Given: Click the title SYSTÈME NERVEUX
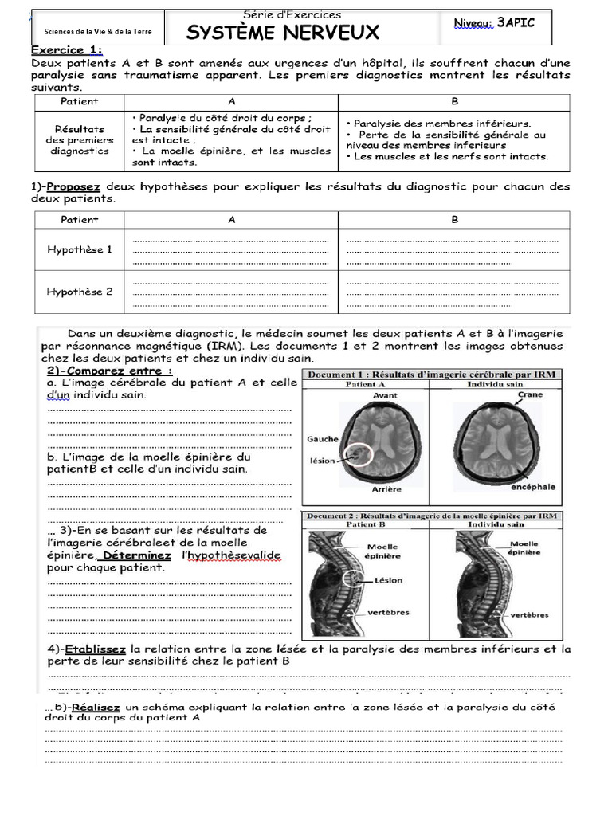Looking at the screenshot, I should tap(283, 33).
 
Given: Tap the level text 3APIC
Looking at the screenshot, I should tap(516, 23).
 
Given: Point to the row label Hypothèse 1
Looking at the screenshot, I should tap(80, 249).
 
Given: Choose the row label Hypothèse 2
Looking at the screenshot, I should tap(80, 292).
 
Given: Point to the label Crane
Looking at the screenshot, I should tap(530, 394).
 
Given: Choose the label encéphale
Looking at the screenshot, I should tap(534, 486).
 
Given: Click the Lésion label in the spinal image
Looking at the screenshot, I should tap(388, 580).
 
